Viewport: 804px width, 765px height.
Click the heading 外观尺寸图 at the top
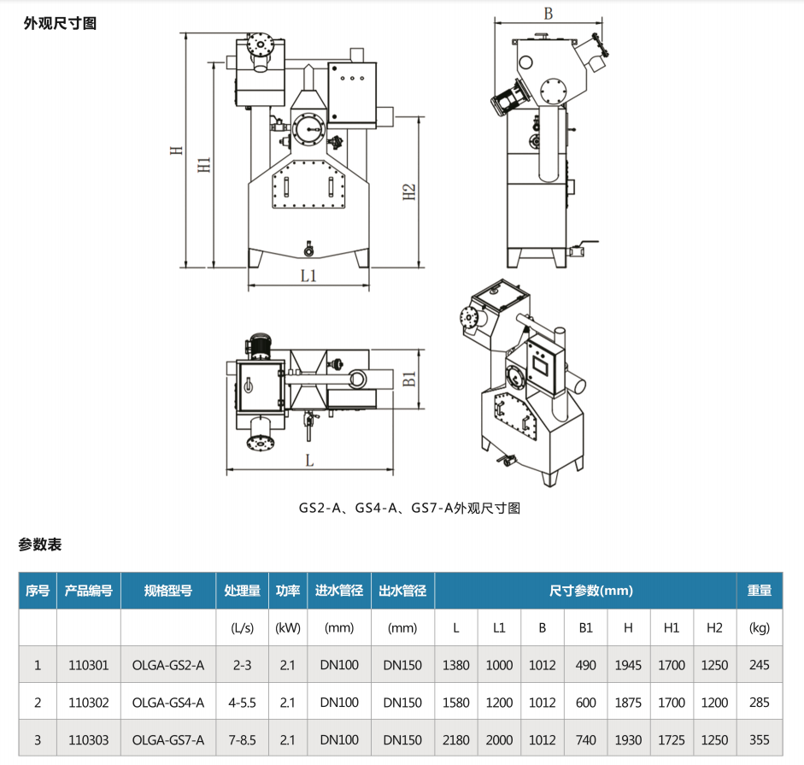pos(60,23)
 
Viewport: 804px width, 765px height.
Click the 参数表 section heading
pos(40,544)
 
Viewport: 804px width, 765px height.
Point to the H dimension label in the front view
pos(176,150)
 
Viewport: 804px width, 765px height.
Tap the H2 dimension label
pos(409,192)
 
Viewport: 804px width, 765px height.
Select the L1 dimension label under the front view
pos(308,275)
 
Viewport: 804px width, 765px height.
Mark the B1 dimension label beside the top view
pos(409,377)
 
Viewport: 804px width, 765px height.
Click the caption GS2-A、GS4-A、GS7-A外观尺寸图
pos(409,508)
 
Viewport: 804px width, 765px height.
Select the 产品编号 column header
pos(89,591)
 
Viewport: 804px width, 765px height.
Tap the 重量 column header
pos(759,591)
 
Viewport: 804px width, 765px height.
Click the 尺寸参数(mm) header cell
pos(585,591)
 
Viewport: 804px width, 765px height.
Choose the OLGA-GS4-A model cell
pos(168,703)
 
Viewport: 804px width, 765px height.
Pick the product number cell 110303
pos(89,740)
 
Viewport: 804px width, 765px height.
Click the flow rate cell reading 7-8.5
pos(243,740)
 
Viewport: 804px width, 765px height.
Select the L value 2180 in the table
pos(456,740)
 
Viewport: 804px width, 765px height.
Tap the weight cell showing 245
pos(759,665)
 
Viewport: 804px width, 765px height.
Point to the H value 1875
pos(628,703)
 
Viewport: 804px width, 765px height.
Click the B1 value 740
pos(585,740)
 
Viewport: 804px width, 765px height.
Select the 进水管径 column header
pos(339,591)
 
